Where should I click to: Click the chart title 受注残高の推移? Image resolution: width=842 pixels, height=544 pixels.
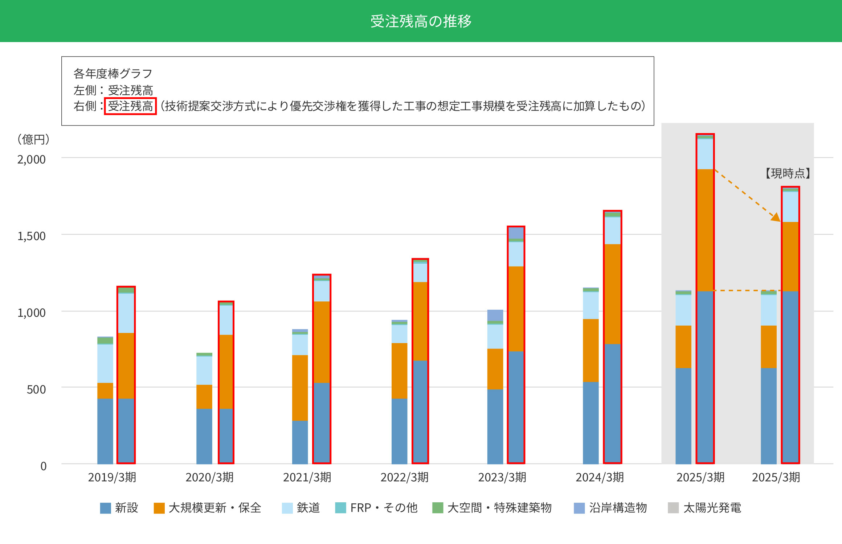click(x=421, y=21)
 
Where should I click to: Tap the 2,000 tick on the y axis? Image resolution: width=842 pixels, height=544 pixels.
click(x=32, y=159)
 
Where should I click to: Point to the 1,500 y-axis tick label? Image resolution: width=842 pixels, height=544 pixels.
click(x=32, y=236)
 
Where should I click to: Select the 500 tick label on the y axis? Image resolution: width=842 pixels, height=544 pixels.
click(x=36, y=390)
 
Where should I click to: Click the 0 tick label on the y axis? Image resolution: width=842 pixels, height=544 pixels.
click(x=43, y=466)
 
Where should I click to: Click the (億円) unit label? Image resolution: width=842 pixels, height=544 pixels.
click(x=33, y=139)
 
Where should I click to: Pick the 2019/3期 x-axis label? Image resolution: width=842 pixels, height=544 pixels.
click(x=112, y=477)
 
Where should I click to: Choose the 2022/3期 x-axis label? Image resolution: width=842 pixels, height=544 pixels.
click(x=404, y=477)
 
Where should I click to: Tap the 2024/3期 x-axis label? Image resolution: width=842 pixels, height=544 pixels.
click(x=600, y=477)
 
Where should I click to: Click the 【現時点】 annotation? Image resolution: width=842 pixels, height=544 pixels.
click(x=788, y=173)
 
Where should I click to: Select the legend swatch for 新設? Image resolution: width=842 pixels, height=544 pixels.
click(x=105, y=508)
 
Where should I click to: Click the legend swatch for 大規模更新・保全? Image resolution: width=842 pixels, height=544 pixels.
click(x=159, y=508)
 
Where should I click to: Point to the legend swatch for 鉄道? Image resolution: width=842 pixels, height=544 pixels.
click(x=287, y=508)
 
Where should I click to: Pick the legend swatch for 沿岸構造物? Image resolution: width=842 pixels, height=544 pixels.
click(x=579, y=508)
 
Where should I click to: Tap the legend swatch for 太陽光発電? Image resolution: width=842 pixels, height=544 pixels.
click(x=673, y=508)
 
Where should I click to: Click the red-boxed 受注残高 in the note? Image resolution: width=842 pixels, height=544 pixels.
click(x=130, y=106)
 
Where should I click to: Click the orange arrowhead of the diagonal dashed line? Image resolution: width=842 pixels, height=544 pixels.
click(x=776, y=217)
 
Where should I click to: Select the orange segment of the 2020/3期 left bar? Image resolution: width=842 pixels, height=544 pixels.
click(x=204, y=397)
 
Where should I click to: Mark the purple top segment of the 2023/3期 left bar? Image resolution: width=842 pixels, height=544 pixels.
click(x=495, y=315)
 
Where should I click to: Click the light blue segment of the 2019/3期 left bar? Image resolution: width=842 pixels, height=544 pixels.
click(x=105, y=363)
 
